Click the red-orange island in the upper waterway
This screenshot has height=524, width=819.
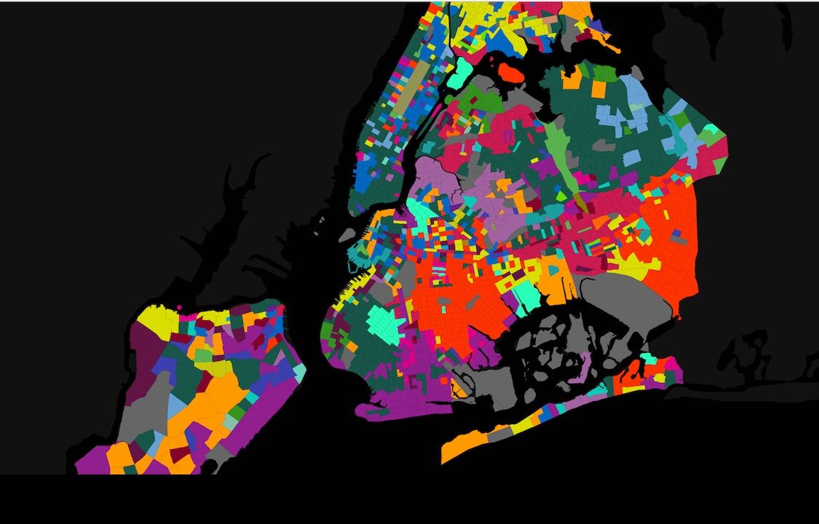[x=512, y=71]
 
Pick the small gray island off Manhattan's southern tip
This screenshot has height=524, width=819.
[x=347, y=234]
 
